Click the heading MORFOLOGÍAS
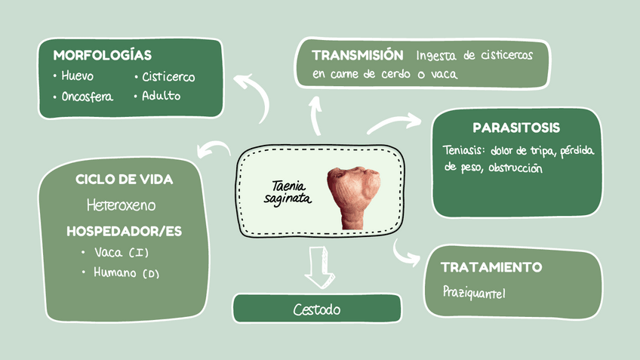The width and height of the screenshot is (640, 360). tap(102, 55)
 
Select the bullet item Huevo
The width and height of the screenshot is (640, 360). tap(78, 76)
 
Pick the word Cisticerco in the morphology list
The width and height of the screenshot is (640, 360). tap(168, 77)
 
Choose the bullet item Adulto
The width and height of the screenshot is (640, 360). tap(162, 96)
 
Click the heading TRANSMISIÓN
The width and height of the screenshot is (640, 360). tap(357, 55)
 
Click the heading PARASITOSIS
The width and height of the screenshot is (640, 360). tap(516, 128)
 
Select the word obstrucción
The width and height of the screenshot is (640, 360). tap(515, 168)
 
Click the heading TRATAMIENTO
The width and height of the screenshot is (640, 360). tap(491, 267)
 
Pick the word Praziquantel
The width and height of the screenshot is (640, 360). tap(475, 291)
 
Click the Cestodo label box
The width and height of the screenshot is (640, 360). tap(317, 309)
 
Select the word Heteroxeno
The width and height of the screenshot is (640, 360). tap(121, 205)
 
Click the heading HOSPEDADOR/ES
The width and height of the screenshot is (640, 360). tap(125, 231)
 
